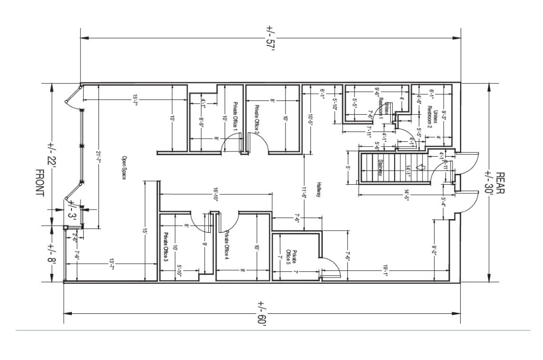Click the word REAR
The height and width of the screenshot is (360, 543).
pos(500,183)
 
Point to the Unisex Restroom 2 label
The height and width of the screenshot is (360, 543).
pos(431,114)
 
